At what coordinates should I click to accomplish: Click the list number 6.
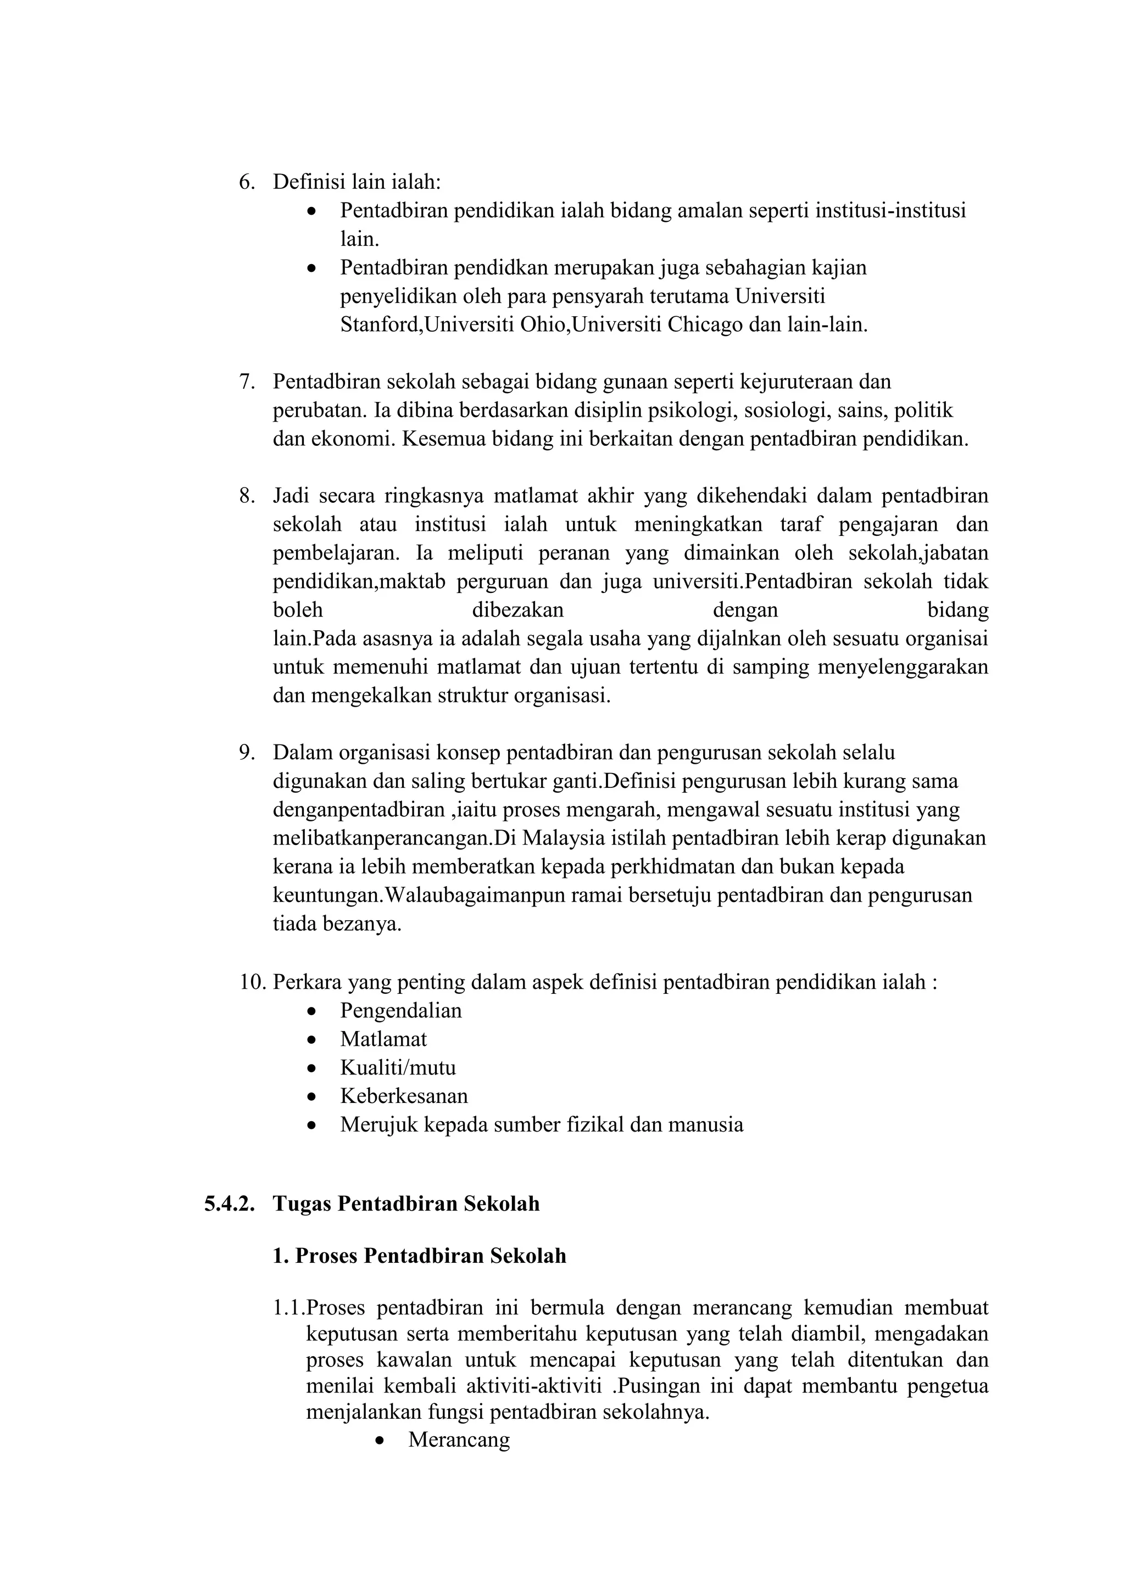(247, 182)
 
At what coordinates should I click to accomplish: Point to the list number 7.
(247, 382)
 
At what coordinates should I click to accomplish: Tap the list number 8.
(247, 496)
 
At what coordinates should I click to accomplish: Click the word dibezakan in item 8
(517, 610)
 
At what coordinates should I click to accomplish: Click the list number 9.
(247, 752)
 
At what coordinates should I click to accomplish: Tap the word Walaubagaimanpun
(477, 895)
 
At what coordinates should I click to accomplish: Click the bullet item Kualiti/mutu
(398, 1067)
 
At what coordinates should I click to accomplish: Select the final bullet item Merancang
(459, 1440)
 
